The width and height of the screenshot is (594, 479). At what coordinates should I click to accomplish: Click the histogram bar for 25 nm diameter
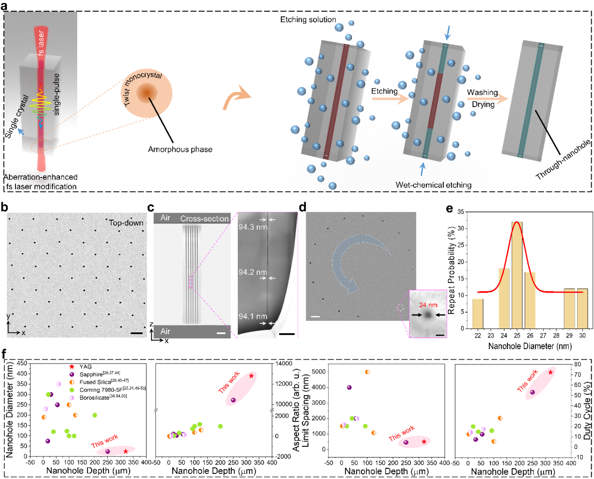[x=517, y=276]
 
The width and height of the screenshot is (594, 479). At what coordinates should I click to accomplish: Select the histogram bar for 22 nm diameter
[x=477, y=314]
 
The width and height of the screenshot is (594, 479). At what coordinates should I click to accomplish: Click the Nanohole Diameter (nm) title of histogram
[x=529, y=346]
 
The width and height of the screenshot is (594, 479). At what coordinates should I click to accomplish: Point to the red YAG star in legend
[x=72, y=367]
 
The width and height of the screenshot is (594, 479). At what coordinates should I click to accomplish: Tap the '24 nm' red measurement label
[x=428, y=305]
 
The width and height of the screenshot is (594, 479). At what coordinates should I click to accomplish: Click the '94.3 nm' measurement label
[x=252, y=227]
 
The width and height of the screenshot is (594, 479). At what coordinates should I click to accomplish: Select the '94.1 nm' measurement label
[x=253, y=317]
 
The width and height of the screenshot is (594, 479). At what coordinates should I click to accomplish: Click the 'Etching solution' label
[x=308, y=20]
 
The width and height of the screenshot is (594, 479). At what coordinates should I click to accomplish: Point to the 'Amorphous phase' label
[x=180, y=150]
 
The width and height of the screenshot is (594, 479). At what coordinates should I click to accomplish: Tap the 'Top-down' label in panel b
[x=126, y=223]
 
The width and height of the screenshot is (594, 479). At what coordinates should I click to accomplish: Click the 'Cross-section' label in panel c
[x=204, y=219]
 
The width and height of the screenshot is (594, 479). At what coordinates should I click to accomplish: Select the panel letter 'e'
[x=449, y=208]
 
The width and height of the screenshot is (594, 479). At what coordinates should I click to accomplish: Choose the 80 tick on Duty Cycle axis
[x=578, y=365]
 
